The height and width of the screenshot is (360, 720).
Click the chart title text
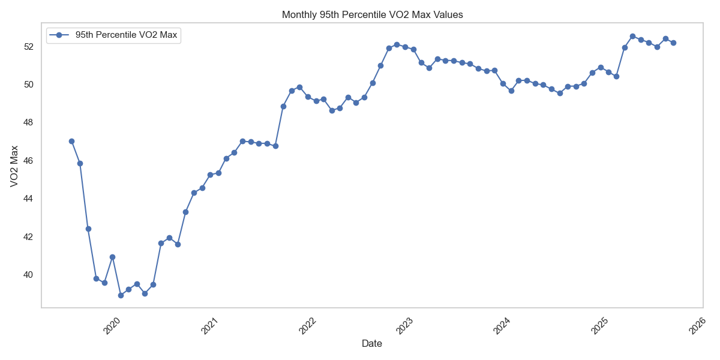[372, 14]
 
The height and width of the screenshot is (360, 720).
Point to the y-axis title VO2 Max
[14, 166]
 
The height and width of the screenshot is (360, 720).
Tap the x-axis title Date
[371, 344]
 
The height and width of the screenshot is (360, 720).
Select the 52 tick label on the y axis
[28, 46]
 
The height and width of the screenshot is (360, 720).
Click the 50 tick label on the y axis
[28, 84]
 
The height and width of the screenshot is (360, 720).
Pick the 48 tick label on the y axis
[28, 122]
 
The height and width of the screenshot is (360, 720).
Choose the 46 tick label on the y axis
[28, 160]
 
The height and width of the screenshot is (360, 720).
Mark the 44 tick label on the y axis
[28, 199]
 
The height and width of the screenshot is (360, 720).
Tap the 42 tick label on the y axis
[28, 236]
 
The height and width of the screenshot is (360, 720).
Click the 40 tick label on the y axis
[28, 275]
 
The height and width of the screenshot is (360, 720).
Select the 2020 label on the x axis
[112, 326]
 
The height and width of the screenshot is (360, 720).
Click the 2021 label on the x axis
[209, 326]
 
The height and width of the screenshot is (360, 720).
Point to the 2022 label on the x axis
[307, 326]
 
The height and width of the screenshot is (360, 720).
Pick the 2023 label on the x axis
[405, 326]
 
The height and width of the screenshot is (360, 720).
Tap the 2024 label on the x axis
[502, 326]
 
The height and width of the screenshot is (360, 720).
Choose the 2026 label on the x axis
[697, 326]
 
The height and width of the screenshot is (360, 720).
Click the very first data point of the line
[71, 141]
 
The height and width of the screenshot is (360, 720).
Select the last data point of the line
[673, 43]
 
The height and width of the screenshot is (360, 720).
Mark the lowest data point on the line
[121, 295]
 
